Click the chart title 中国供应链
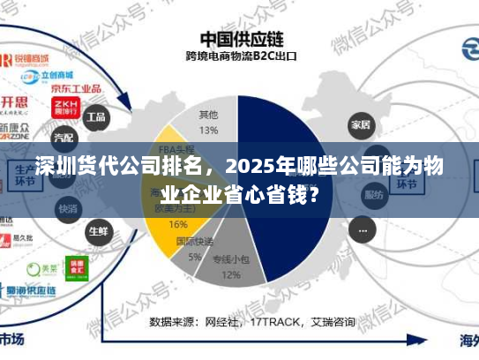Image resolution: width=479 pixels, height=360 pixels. (x=239, y=40)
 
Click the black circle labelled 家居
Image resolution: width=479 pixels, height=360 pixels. (x=359, y=123)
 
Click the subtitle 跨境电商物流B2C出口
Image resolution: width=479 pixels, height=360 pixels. (x=240, y=58)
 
